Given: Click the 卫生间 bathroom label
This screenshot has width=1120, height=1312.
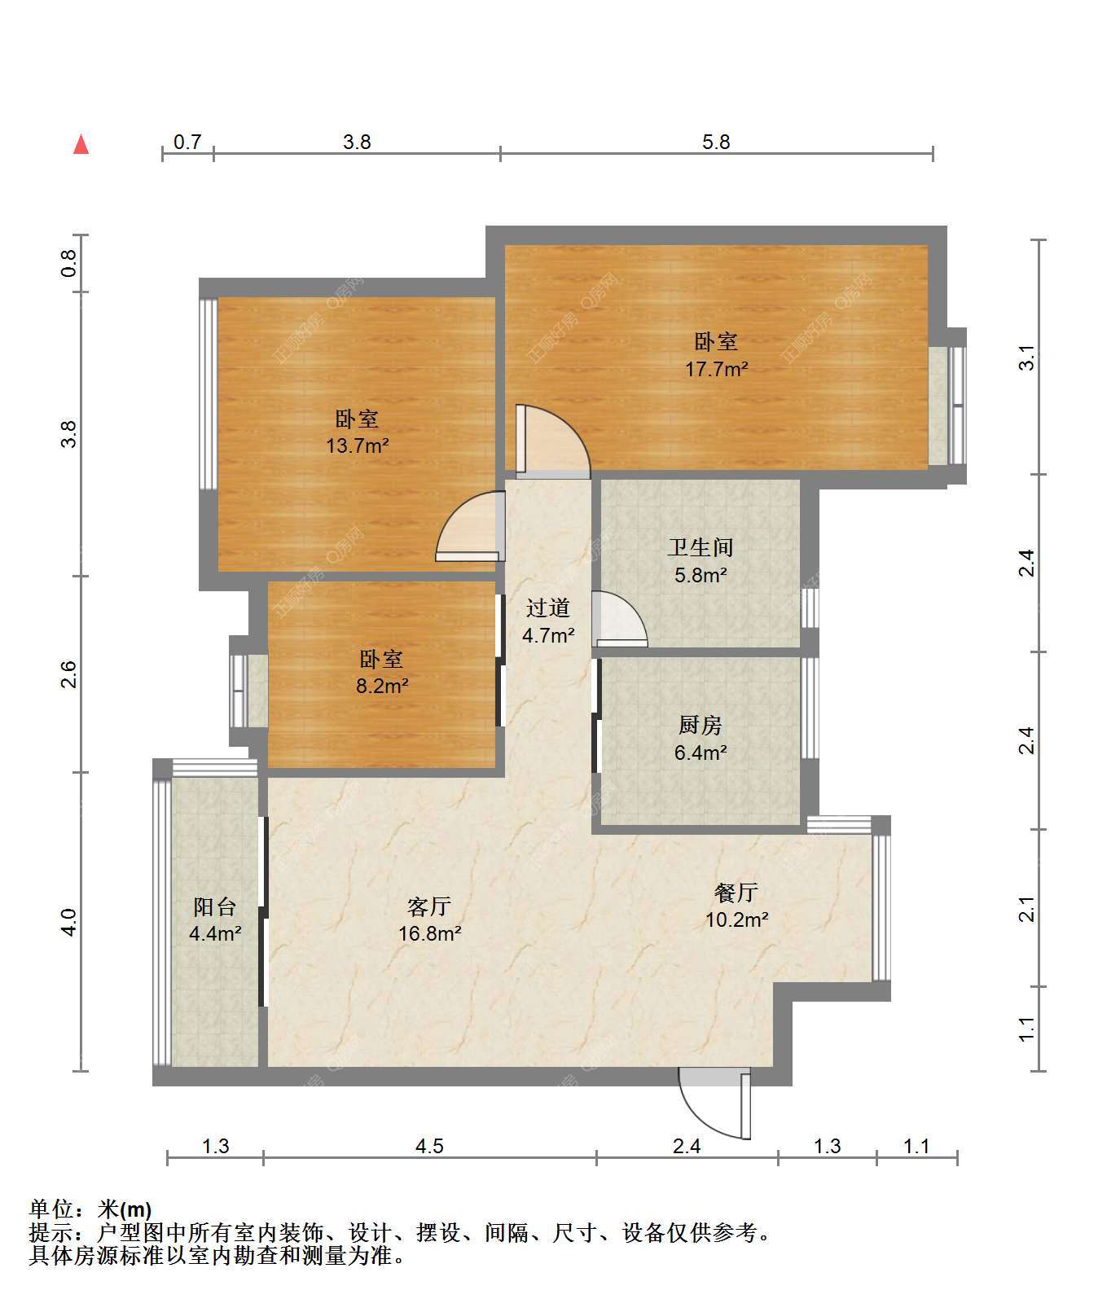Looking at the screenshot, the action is (700, 547).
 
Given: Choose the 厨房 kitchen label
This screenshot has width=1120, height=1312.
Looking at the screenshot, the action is (700, 725).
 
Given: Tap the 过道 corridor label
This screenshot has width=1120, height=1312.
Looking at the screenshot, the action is (547, 608).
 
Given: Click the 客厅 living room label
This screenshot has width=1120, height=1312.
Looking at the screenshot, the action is (429, 906).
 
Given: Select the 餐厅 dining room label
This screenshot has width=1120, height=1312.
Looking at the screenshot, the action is (736, 892).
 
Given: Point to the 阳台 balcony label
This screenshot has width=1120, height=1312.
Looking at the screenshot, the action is (215, 906).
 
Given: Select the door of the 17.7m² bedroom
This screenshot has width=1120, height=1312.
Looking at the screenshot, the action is (552, 441).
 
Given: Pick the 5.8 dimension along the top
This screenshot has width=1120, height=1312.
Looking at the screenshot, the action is (716, 142).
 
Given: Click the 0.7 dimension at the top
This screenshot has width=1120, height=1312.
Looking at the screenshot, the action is (187, 142).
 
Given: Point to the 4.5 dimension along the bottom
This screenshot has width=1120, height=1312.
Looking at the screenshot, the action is (429, 1147).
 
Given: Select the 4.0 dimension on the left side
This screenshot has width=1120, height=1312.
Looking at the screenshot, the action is (68, 922).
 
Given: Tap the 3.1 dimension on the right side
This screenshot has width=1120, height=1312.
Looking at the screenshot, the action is (1027, 358).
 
